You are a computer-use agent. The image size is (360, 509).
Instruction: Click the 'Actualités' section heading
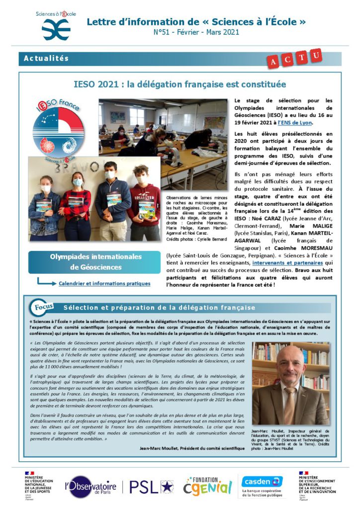pos(46,59)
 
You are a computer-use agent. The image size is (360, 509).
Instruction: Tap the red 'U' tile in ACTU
pos(315,56)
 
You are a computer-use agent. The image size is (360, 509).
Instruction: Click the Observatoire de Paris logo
pos(92,486)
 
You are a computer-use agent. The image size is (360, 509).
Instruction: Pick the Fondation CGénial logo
pos(207,486)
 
